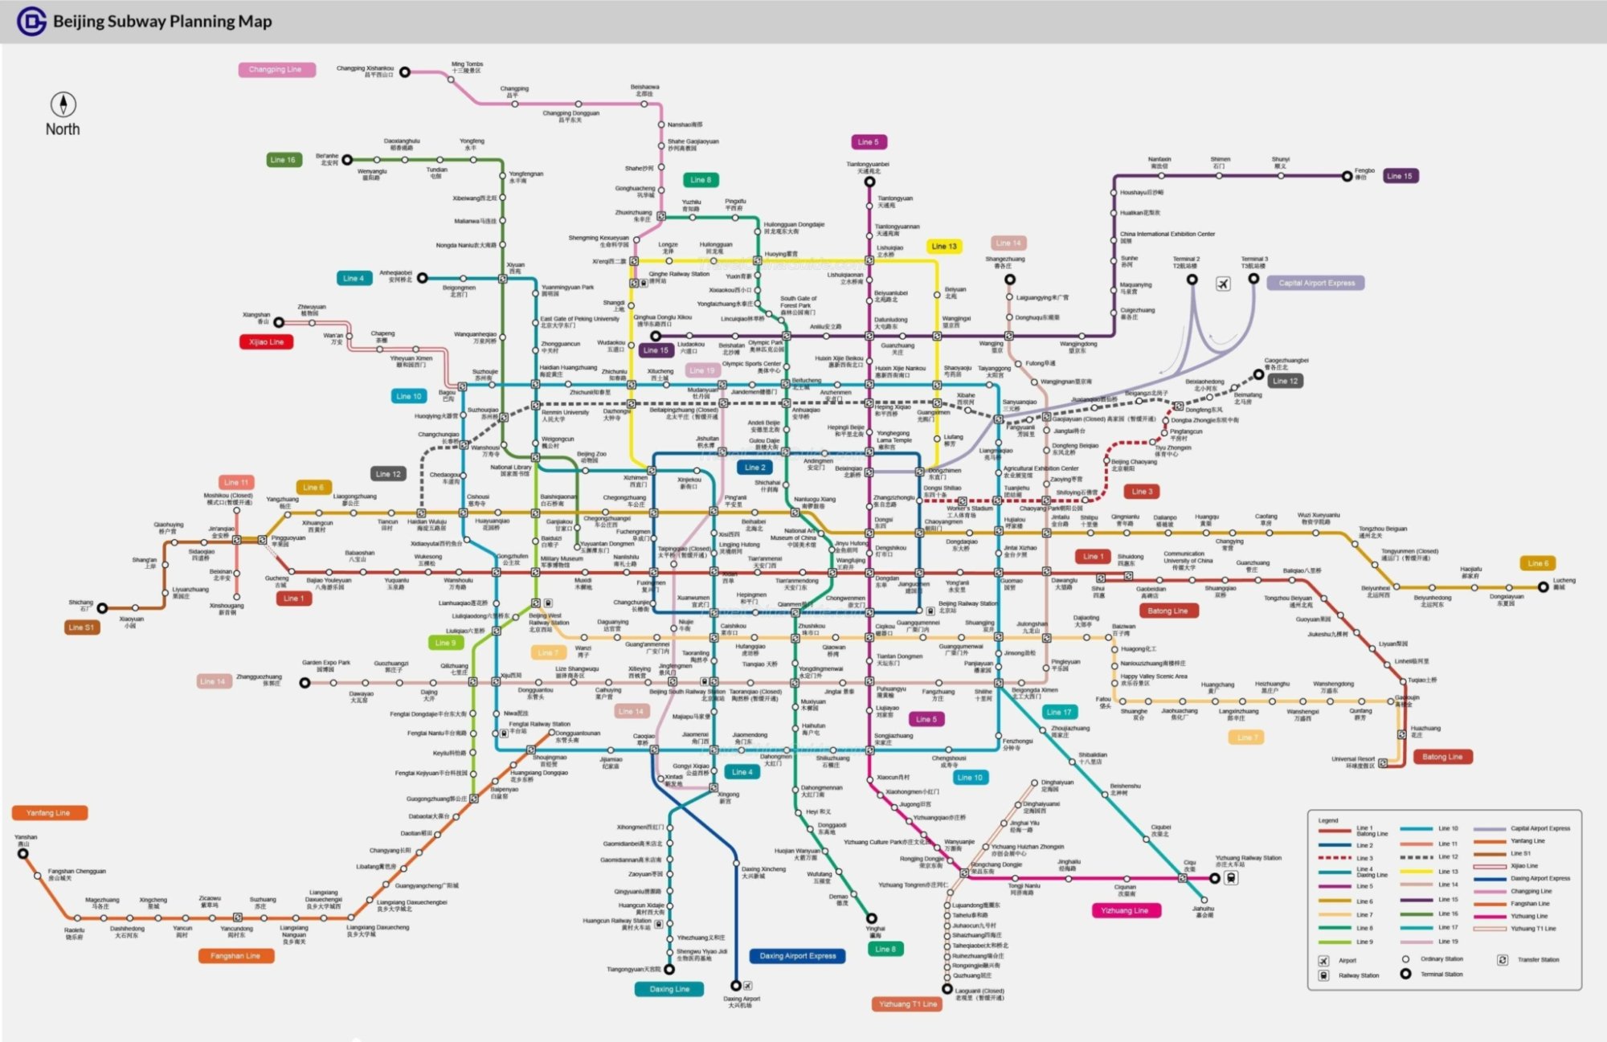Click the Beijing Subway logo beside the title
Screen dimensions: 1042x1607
click(31, 22)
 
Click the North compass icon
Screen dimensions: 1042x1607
click(63, 104)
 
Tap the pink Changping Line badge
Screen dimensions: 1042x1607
click(276, 70)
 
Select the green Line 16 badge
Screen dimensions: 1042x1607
click(284, 160)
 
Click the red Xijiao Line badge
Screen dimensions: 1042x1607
click(266, 342)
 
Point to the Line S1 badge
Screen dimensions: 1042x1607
click(81, 627)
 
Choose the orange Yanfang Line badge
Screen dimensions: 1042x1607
click(48, 813)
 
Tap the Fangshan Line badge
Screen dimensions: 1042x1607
click(235, 956)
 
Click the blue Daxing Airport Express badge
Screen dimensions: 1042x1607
click(798, 956)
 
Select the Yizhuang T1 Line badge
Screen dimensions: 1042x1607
click(907, 1004)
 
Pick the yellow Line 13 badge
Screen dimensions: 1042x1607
click(944, 247)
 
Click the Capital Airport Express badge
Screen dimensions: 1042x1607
click(1316, 283)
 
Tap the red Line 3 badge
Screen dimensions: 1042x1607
click(1142, 492)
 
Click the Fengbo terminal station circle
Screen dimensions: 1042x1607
click(1347, 176)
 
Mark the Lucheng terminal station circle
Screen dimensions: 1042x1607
click(1543, 587)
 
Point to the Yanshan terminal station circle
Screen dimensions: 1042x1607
click(23, 853)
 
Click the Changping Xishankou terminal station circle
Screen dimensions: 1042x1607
click(405, 72)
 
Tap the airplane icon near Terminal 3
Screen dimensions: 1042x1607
click(1223, 284)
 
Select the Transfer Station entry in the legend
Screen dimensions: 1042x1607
click(1503, 960)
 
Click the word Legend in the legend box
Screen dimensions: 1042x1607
click(1328, 820)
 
